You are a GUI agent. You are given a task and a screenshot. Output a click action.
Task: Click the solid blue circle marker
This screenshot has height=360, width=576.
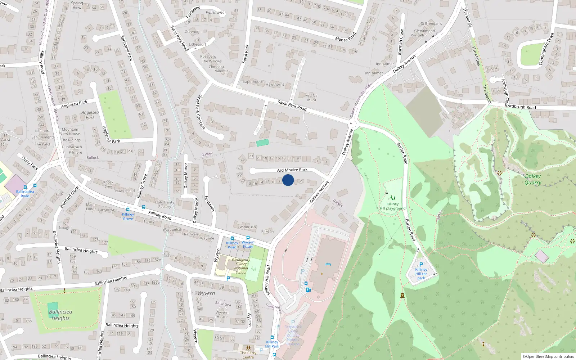point(288,180)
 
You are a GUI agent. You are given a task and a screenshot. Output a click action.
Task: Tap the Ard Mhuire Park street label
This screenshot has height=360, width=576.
point(292,170)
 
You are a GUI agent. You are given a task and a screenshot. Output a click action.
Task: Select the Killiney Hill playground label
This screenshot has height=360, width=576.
point(392,206)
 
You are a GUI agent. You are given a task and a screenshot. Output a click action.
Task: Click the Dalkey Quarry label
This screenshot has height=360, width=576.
point(533,179)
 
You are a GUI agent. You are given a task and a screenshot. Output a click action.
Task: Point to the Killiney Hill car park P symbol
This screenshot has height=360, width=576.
point(421,264)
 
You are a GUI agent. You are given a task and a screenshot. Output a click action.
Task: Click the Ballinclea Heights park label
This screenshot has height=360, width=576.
point(60,315)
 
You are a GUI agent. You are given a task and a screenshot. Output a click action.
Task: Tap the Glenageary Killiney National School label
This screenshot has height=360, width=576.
point(241,266)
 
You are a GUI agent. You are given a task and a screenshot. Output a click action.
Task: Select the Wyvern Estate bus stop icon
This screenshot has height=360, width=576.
point(248,238)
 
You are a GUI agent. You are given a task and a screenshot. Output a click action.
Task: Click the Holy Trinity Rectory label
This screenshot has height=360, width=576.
point(165,204)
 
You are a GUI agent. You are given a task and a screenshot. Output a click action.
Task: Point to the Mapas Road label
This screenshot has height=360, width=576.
point(345,37)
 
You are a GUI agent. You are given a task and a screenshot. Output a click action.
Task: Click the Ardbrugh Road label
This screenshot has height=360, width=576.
point(521,107)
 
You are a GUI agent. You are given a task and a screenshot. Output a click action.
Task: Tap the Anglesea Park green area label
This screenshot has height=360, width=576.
point(90,115)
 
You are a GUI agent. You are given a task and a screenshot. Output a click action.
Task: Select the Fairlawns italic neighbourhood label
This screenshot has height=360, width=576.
point(215,13)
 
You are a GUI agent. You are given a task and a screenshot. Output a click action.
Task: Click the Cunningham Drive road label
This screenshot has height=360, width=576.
point(546,49)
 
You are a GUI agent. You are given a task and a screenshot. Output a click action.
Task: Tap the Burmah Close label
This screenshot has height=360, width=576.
point(401,42)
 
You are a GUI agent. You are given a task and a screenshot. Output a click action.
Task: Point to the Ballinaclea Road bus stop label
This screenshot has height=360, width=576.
point(25,194)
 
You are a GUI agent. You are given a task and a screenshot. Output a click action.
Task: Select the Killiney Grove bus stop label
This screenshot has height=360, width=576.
point(128,216)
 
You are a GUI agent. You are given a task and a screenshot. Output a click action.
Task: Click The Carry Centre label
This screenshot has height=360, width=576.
point(248,355)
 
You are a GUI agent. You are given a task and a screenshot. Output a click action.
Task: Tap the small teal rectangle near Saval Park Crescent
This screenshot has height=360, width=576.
point(262,143)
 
